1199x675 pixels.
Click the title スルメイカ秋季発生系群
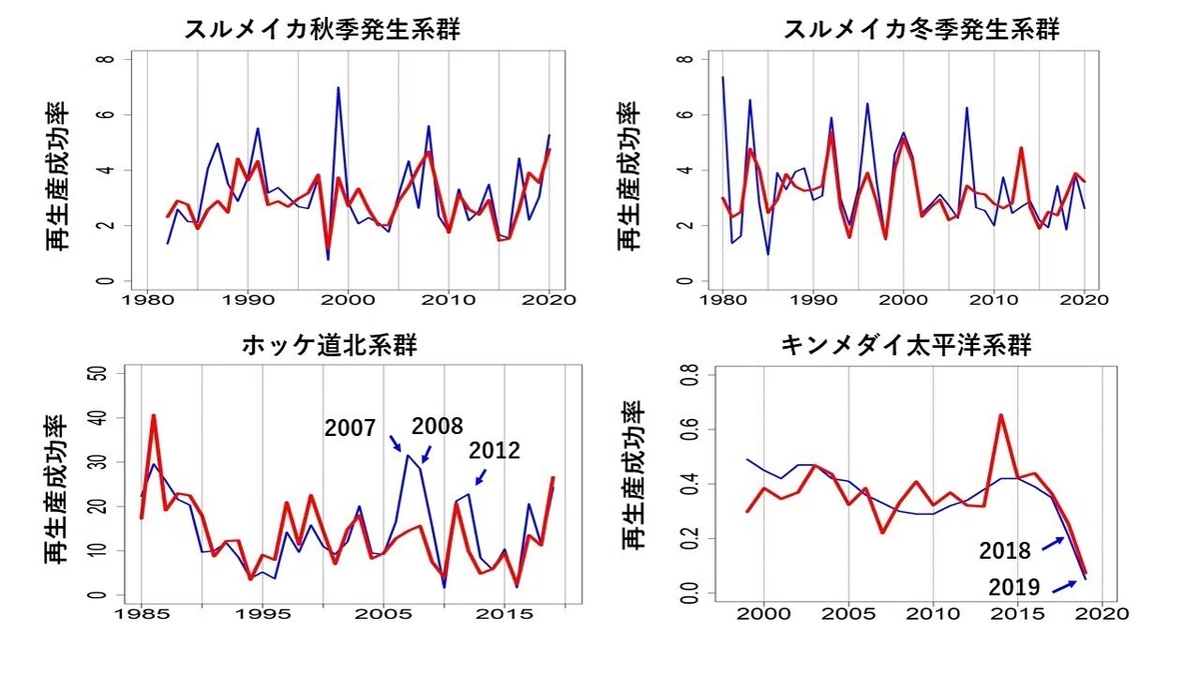click(322, 29)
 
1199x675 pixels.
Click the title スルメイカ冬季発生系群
click(921, 29)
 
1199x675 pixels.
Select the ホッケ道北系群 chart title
click(330, 345)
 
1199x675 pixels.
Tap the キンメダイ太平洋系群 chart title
click(905, 345)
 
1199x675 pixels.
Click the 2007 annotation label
click(350, 428)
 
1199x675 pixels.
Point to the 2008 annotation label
click(437, 426)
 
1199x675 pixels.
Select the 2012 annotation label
click(494, 451)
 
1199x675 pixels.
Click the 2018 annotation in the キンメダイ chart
click(1005, 551)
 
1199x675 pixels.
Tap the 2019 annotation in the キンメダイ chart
click(1014, 588)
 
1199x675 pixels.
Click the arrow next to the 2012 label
click(482, 477)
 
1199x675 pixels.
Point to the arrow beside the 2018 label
click(1053, 544)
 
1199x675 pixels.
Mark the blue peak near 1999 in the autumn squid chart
click(339, 87)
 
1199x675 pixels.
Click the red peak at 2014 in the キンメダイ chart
click(1000, 415)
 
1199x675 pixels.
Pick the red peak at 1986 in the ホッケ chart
click(154, 415)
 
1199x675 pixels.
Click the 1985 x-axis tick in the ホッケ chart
click(141, 614)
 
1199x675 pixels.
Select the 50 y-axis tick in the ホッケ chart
click(101, 373)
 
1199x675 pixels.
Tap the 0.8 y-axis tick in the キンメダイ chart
click(691, 374)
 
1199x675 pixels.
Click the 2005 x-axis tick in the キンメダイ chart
click(848, 614)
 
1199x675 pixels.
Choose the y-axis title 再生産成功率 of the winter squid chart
click(628, 176)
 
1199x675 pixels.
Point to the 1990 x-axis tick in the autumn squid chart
click(248, 300)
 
